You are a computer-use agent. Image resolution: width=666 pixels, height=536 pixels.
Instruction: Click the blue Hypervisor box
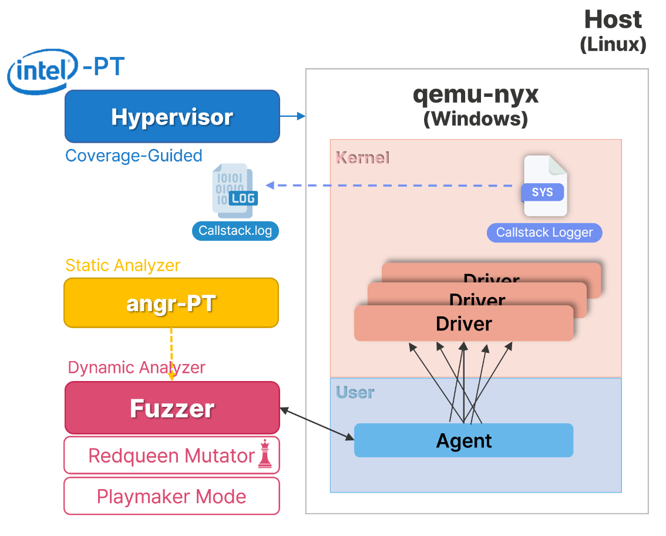click(x=172, y=116)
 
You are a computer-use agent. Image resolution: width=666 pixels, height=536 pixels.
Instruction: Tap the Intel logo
click(x=42, y=72)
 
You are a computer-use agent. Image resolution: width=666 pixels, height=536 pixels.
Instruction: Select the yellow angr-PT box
click(x=171, y=303)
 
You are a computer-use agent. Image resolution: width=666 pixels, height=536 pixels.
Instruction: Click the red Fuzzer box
click(x=172, y=408)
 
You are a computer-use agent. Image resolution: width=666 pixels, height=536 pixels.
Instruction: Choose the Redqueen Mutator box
click(x=171, y=455)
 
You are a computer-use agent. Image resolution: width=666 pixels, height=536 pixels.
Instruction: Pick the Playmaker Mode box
click(x=171, y=497)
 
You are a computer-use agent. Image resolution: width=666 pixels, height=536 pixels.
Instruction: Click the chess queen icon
click(x=265, y=454)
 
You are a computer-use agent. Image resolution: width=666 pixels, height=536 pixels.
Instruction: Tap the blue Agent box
click(x=463, y=440)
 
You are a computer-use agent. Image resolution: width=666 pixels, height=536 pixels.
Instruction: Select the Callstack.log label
click(x=235, y=231)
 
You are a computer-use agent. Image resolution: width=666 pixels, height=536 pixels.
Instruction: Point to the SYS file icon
click(x=544, y=186)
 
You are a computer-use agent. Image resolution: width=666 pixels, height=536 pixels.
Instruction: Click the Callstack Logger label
click(x=544, y=232)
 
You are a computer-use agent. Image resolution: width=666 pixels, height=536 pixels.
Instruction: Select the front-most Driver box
click(x=463, y=323)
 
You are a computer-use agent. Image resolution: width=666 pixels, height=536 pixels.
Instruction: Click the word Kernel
click(x=362, y=157)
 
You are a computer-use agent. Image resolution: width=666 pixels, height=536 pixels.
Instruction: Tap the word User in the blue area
click(x=355, y=392)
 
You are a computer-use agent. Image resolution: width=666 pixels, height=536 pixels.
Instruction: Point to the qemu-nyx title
click(x=475, y=94)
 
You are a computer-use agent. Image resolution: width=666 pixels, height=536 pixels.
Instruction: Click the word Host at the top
click(x=613, y=20)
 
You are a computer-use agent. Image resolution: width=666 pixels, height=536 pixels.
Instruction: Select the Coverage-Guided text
click(x=134, y=156)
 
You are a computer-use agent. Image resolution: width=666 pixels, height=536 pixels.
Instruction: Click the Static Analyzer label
click(x=122, y=265)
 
